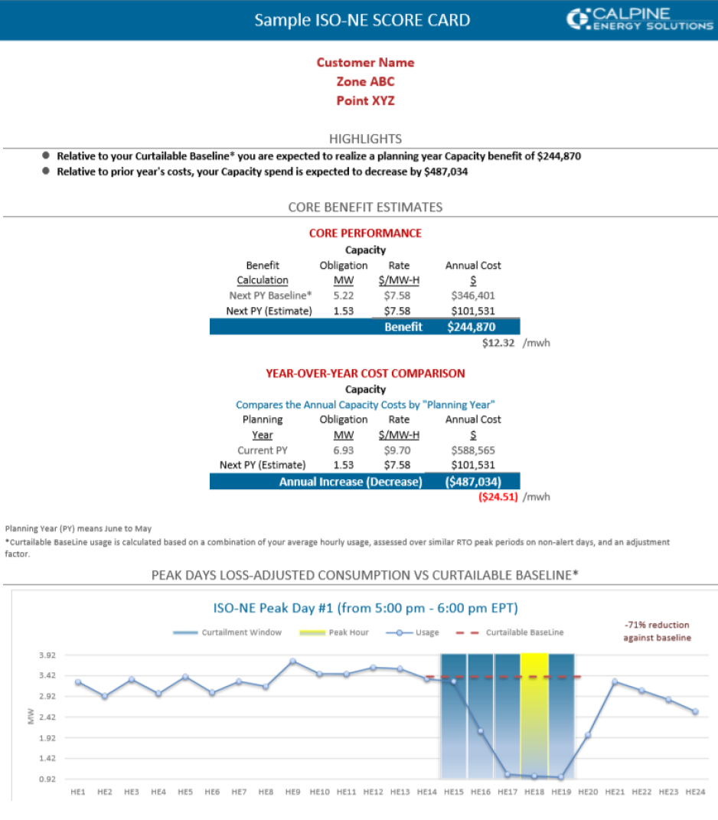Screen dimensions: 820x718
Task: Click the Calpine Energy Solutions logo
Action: pos(639,19)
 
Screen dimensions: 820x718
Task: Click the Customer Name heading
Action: pos(365,63)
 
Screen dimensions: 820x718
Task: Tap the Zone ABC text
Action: pos(365,81)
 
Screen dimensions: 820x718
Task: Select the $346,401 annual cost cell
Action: pos(473,296)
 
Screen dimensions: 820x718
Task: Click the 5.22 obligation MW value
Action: pos(344,296)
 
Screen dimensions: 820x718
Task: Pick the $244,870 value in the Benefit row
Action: pos(472,327)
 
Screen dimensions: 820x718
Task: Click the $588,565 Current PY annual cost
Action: pos(473,450)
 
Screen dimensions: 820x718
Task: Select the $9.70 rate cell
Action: pos(399,450)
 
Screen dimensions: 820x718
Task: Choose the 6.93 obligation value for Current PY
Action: pos(344,450)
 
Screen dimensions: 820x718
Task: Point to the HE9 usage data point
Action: pos(292,661)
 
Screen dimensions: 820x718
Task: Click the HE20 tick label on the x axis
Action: pos(588,792)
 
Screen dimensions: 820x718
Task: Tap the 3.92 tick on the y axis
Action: pos(47,655)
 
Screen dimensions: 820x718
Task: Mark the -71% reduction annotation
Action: pos(656,632)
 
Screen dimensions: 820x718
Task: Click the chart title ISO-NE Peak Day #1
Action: pos(365,608)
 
